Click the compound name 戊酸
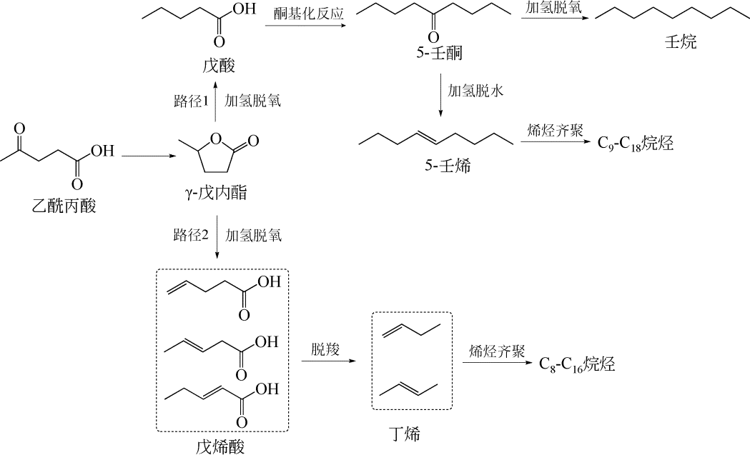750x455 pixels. click(217, 66)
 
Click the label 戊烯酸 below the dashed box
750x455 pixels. click(222, 446)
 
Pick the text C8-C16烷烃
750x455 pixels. click(576, 364)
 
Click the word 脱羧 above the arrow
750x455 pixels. click(324, 349)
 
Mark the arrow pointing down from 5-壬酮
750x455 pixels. click(441, 93)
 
